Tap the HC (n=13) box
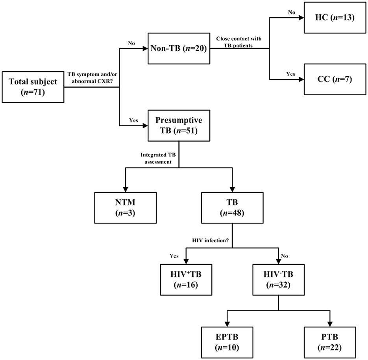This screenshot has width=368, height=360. tap(333, 18)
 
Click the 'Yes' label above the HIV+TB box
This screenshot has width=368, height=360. tap(174, 256)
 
